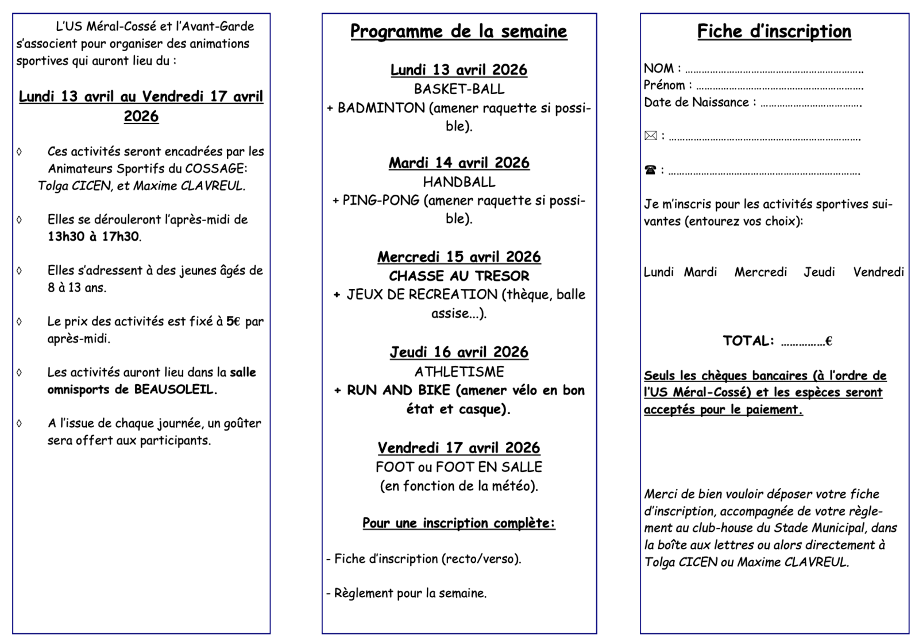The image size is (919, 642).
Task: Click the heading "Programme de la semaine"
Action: (x=458, y=32)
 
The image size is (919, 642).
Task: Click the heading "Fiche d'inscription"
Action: (x=774, y=32)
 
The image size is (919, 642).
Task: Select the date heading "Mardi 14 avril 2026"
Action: (x=459, y=163)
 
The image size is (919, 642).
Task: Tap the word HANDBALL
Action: (x=459, y=182)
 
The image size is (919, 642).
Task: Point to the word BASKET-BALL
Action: (x=459, y=89)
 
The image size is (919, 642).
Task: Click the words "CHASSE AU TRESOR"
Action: (x=459, y=276)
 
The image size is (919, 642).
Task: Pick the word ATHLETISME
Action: (x=459, y=372)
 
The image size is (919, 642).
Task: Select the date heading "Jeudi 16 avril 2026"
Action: (x=459, y=352)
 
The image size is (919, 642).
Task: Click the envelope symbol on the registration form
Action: (x=650, y=136)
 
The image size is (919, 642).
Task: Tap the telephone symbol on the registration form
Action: (x=650, y=170)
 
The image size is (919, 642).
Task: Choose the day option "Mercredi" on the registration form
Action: (x=760, y=272)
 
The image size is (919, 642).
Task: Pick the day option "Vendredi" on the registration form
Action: (x=878, y=272)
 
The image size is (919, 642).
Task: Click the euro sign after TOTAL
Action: (x=829, y=341)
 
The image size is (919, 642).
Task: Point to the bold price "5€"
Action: (x=233, y=322)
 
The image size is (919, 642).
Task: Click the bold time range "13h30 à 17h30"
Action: (x=94, y=237)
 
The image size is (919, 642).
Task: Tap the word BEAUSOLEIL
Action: (x=173, y=389)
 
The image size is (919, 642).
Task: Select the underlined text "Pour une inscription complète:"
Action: (x=458, y=523)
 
